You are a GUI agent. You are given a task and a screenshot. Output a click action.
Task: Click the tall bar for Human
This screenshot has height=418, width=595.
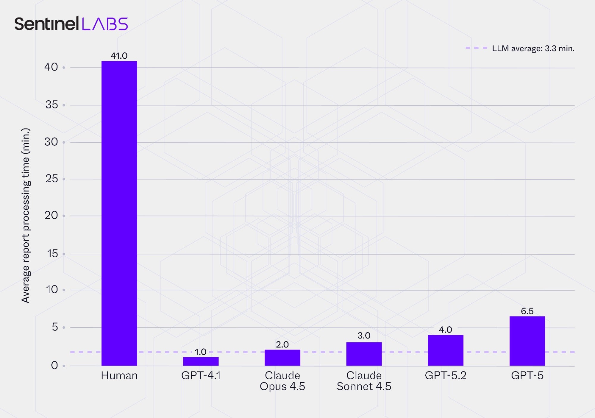[119, 213]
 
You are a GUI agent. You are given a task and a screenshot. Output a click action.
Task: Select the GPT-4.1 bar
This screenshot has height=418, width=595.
[201, 361]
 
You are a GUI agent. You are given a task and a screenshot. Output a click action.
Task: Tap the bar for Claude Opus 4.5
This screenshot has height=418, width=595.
[282, 358]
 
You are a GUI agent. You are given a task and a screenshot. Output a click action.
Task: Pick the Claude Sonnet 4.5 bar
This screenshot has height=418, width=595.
[364, 354]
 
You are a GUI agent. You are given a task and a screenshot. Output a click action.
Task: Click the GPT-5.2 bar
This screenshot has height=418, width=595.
[445, 350]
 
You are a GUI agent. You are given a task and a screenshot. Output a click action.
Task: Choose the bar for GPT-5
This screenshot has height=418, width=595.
[527, 341]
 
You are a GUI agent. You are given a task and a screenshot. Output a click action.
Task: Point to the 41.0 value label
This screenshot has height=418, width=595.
[119, 56]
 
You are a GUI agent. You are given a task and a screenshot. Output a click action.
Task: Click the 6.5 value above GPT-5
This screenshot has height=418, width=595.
[527, 311]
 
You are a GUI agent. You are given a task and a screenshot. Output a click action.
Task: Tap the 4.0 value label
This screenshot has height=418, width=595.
[445, 330]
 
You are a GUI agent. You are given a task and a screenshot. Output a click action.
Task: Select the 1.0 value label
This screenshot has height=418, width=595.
[200, 352]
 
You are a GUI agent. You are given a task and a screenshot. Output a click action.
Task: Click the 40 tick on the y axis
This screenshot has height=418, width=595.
[51, 67]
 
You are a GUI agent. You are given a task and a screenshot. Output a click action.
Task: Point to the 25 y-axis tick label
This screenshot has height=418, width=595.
[51, 179]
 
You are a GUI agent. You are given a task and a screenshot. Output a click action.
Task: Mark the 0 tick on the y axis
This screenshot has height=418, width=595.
[54, 365]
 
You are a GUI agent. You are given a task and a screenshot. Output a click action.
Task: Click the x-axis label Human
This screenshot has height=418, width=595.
[119, 376]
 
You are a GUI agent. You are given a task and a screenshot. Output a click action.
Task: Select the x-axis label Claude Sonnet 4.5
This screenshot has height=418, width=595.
[364, 381]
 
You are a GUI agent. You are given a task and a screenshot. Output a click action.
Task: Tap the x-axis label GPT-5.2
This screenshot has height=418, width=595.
[445, 376]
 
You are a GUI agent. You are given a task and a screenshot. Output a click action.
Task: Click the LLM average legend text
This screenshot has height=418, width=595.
[533, 49]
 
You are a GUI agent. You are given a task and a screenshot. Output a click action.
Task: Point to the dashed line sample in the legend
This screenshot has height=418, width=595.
[476, 48]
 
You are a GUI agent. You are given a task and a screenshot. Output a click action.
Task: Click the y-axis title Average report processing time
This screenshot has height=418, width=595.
[26, 215]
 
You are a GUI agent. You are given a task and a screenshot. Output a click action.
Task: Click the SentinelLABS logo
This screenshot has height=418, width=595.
[71, 24]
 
